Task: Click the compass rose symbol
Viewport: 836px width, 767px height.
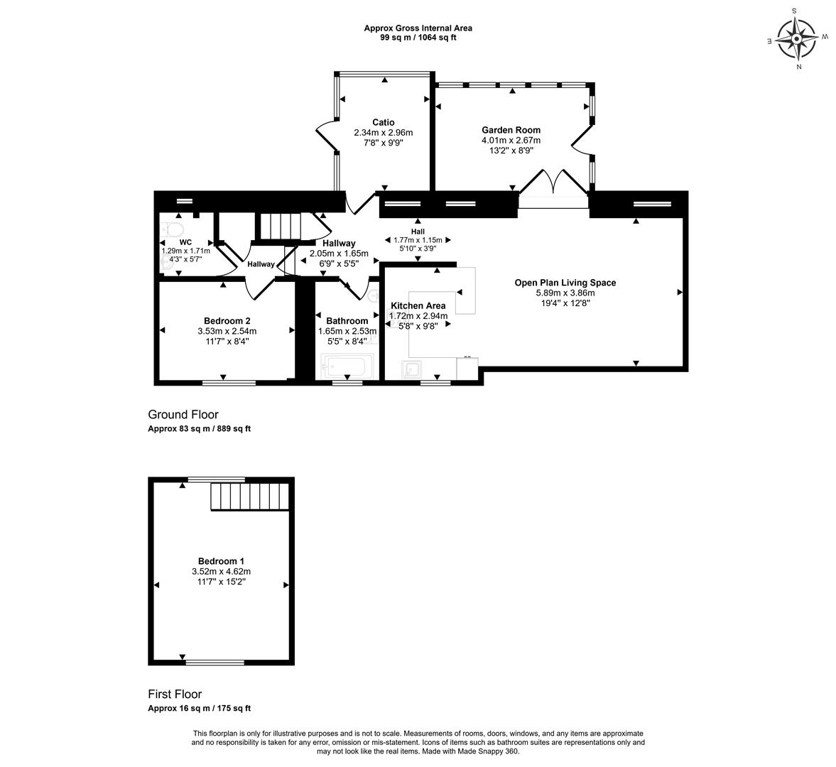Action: point(796,38)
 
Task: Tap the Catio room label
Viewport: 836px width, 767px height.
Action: point(384,123)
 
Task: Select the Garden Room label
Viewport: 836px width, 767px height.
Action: point(511,130)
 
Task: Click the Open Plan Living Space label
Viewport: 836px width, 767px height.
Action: point(565,283)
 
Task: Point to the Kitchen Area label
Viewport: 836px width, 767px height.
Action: point(418,306)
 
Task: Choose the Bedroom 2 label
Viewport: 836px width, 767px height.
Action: point(227,321)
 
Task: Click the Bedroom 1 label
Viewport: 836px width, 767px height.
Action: point(222,561)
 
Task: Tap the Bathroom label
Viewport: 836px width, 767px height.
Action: point(347,321)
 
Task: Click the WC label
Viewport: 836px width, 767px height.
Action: point(185,242)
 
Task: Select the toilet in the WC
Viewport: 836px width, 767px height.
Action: point(172,229)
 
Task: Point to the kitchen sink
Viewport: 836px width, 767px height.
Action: point(411,369)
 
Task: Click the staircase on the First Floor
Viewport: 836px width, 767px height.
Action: point(250,496)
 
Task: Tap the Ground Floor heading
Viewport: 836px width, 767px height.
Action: point(183,415)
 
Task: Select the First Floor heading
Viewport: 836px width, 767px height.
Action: point(175,695)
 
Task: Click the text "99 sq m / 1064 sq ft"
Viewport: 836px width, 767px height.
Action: point(418,38)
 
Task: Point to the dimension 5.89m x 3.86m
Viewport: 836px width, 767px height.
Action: point(565,293)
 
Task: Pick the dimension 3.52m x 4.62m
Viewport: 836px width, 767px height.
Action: point(222,572)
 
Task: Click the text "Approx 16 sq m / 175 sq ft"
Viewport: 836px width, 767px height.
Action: point(199,708)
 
